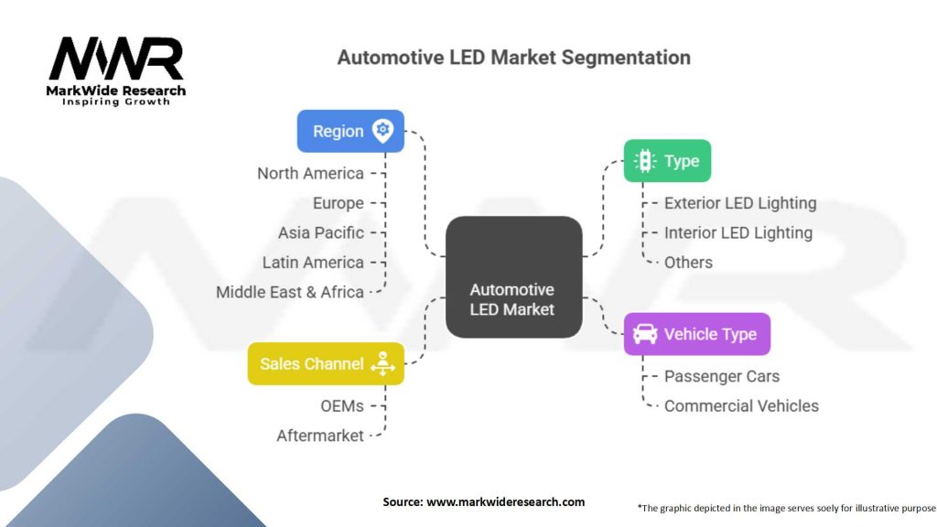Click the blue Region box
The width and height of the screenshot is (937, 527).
pos(350,131)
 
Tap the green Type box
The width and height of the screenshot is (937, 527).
pos(667,161)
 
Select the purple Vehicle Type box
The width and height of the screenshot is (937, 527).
pos(696,334)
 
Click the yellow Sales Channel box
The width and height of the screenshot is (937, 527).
pos(326,363)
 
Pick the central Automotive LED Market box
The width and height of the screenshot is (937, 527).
pos(512,277)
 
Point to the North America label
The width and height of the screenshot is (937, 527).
pos(310,173)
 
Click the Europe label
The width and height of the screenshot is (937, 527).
pos(338,203)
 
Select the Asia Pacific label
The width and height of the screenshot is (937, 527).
pos(321,232)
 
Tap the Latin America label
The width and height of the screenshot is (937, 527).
pos(313,263)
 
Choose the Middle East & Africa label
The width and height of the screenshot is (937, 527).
pos(289,292)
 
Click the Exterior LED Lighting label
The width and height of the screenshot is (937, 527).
pos(739,203)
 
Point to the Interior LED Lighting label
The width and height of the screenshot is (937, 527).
pos(738,232)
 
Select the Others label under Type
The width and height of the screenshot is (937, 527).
pos(688,263)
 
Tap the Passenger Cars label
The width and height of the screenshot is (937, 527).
pos(722,376)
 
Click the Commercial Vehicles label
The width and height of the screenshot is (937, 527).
pos(741,405)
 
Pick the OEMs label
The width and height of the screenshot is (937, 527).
pos(340,405)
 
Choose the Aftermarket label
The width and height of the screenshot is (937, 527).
pos(320,436)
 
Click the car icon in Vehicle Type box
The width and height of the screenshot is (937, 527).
pos(644,334)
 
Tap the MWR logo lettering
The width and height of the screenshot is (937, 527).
pos(116,59)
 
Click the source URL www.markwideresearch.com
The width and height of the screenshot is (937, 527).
pos(504,501)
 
